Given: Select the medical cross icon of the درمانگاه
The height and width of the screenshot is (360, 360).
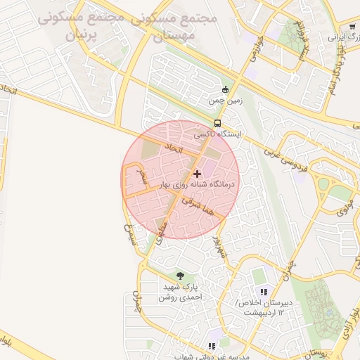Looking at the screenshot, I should (x=196, y=173).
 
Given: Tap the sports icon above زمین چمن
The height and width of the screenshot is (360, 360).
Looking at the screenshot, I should (x=225, y=89).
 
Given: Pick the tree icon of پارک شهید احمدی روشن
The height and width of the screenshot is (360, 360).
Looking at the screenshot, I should (x=180, y=276).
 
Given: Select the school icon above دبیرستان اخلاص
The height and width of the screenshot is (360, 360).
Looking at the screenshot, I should (x=264, y=291).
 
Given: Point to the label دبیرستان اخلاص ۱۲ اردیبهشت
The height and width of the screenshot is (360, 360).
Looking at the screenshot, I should (x=264, y=307).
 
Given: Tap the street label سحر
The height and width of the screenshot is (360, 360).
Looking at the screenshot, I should (x=142, y=176).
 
